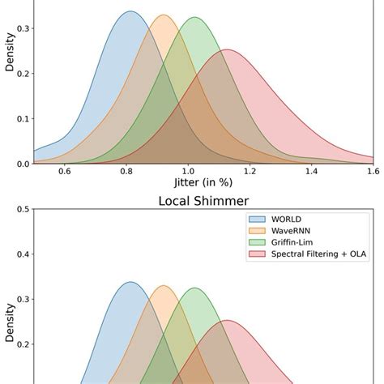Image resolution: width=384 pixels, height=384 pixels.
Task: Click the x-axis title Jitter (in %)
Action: coord(203,184)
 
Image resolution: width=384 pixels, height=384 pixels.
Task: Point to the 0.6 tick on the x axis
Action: coord(64,171)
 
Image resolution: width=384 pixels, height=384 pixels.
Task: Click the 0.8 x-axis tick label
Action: coord(126,171)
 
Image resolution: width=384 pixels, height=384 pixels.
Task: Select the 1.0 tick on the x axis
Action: coord(188,171)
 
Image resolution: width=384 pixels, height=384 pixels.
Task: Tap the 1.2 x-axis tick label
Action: coord(250,171)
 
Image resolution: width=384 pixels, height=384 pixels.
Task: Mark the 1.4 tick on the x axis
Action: coord(311,171)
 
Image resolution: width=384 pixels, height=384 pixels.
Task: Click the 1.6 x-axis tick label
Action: coord(372,171)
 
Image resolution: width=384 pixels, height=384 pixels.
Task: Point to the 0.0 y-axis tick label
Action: coord(23,164)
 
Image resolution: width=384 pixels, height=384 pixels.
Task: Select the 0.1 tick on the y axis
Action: coord(23,118)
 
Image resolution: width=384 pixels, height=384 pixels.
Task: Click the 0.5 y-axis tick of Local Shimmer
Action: coord(23,209)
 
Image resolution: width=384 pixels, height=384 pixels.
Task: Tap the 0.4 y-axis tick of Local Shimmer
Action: coord(23,254)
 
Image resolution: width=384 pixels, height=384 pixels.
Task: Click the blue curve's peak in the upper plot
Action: coord(130,11)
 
